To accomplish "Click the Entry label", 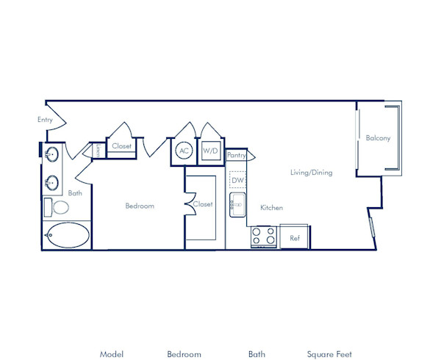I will (45, 119).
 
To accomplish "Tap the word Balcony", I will (378, 138).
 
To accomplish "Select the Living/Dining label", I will (311, 173).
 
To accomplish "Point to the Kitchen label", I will (271, 208).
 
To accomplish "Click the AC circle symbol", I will (184, 151).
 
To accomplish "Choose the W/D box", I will (211, 151).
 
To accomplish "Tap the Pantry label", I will (237, 156).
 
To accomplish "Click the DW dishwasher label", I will (237, 180).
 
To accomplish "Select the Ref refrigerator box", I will (294, 237).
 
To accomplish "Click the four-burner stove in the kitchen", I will (263, 237).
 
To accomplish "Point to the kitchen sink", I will (237, 206).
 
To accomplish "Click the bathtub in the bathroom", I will (68, 237).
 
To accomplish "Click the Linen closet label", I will (97, 151).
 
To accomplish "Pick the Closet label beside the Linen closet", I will (121, 146).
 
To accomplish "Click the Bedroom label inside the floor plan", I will (140, 206).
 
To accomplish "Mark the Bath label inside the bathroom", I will (75, 193).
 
